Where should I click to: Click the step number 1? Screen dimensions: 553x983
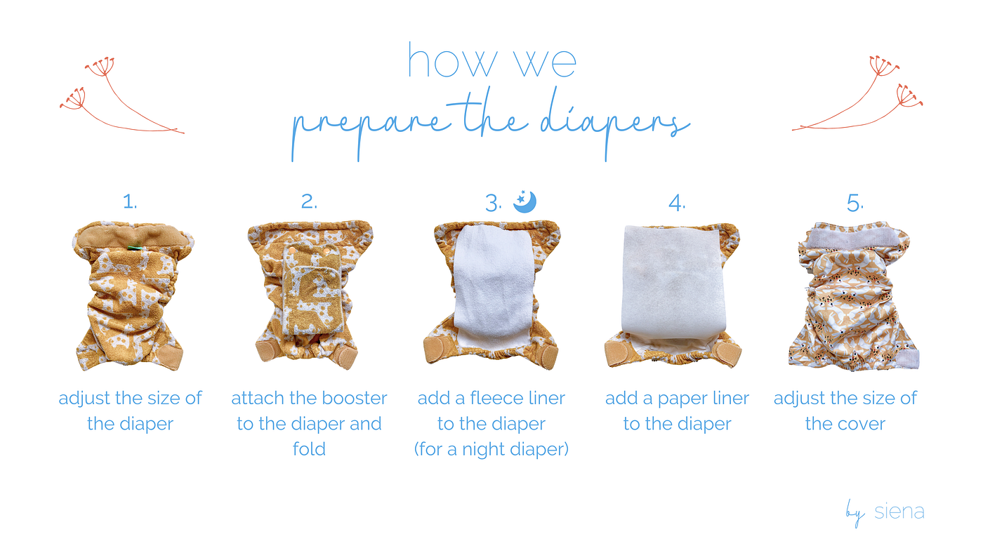tap(129, 202)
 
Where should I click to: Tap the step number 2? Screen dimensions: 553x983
tap(309, 202)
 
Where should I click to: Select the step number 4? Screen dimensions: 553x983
tap(676, 203)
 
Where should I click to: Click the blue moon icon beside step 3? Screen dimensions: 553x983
tap(525, 201)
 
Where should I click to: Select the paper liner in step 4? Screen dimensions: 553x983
tap(675, 281)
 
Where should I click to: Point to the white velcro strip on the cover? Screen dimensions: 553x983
tap(854, 239)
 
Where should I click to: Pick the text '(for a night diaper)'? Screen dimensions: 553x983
tap(491, 449)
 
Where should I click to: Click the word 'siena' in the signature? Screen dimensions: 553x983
tap(899, 512)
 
